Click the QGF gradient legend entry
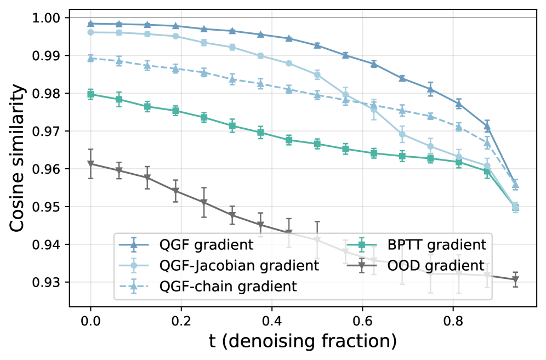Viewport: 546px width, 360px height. (186, 245)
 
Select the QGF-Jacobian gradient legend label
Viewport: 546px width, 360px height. (239, 266)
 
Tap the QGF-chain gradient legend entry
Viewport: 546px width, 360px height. (208, 286)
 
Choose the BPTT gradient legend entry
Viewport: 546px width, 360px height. (417, 245)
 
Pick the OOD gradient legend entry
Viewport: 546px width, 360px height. (416, 266)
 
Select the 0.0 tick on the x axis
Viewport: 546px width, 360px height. (90, 321)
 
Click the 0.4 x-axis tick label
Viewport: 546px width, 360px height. (271, 321)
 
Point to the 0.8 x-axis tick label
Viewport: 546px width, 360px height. (453, 321)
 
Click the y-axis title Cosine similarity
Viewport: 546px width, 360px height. (17, 158)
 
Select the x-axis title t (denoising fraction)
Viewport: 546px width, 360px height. (303, 341)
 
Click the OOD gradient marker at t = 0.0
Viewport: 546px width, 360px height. (90, 164)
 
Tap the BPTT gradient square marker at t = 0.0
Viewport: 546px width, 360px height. (90, 94)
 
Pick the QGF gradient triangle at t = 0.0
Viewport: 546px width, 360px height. (90, 24)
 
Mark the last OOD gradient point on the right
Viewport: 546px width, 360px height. (515, 279)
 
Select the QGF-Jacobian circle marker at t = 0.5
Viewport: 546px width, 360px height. (317, 75)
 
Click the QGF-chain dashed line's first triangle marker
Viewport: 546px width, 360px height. (90, 59)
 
